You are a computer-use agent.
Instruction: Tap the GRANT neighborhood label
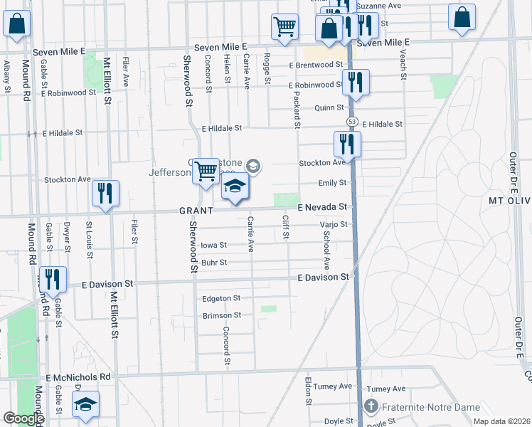click(x=196, y=211)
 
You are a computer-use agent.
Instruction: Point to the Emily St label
click(x=332, y=183)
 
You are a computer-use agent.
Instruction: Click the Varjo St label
click(x=333, y=224)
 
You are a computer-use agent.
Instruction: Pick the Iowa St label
click(x=213, y=245)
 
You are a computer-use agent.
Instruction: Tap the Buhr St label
click(x=213, y=263)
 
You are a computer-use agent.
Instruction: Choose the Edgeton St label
click(x=221, y=298)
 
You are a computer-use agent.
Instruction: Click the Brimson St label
click(x=222, y=315)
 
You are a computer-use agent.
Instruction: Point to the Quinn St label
click(x=329, y=108)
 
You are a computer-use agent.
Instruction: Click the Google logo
click(x=23, y=418)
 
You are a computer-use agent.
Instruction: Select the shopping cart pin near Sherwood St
click(x=206, y=171)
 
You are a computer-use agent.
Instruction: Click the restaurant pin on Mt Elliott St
click(x=105, y=193)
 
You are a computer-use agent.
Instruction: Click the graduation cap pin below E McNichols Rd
click(x=86, y=405)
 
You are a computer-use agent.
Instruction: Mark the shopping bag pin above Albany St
click(x=16, y=23)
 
